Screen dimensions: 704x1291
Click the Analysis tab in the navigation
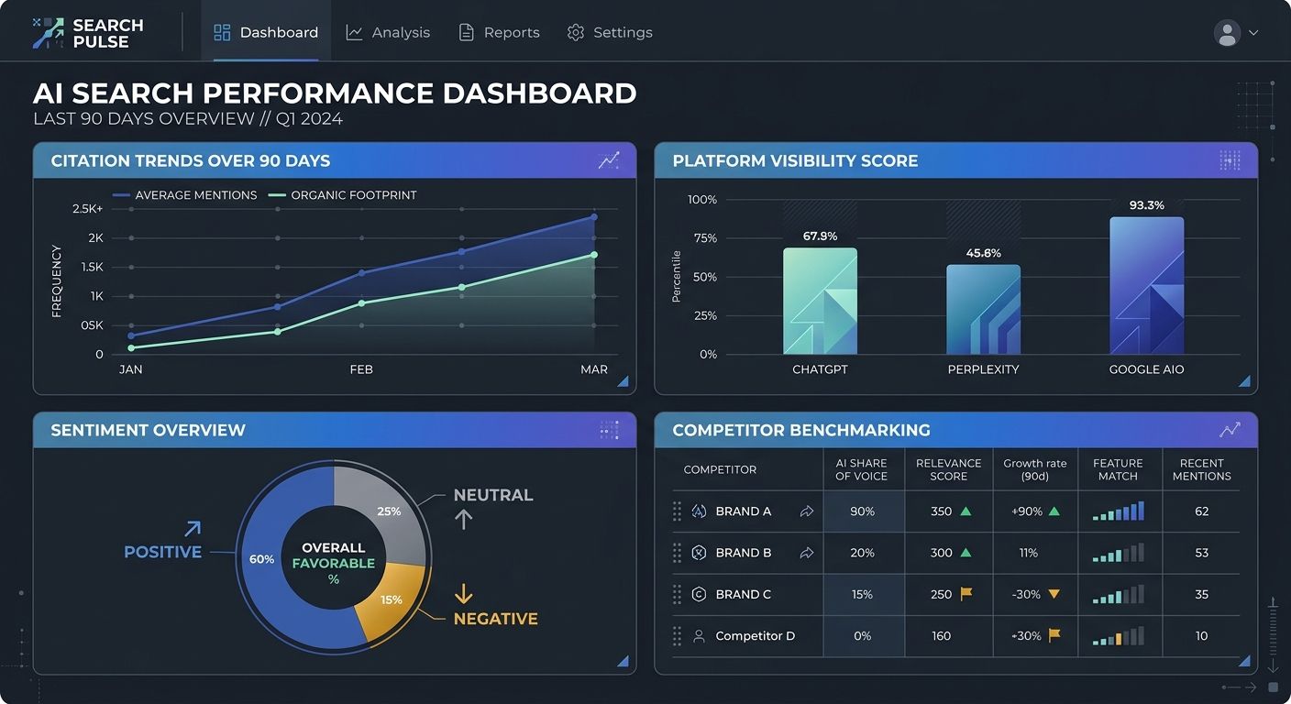[388, 32]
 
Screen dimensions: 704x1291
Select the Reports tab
[500, 32]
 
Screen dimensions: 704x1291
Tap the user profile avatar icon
[1227, 33]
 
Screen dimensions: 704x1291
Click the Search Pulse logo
[88, 33]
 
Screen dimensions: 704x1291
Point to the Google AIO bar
[1146, 286]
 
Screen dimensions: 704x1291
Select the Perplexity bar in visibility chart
[983, 310]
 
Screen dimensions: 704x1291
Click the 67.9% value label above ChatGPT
[820, 236]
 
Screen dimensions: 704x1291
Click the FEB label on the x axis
[361, 369]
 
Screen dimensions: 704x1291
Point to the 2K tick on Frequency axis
[95, 238]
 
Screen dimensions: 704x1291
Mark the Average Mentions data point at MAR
[594, 217]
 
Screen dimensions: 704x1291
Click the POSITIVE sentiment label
[162, 552]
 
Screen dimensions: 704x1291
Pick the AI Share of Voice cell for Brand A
[862, 511]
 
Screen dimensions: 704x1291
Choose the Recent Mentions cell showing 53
[1201, 553]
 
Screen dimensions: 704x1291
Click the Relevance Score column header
[948, 469]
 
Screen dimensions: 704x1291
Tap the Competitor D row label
[755, 635]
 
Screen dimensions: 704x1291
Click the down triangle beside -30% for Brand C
[1054, 594]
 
